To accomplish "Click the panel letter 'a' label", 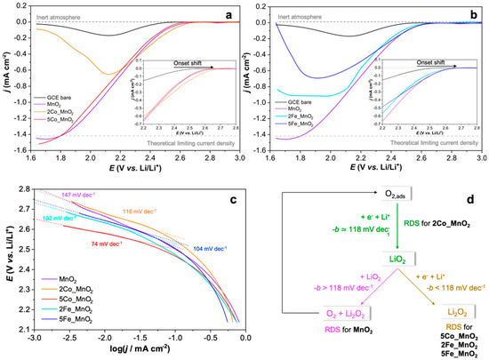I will pyautogui.click(x=228, y=15).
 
